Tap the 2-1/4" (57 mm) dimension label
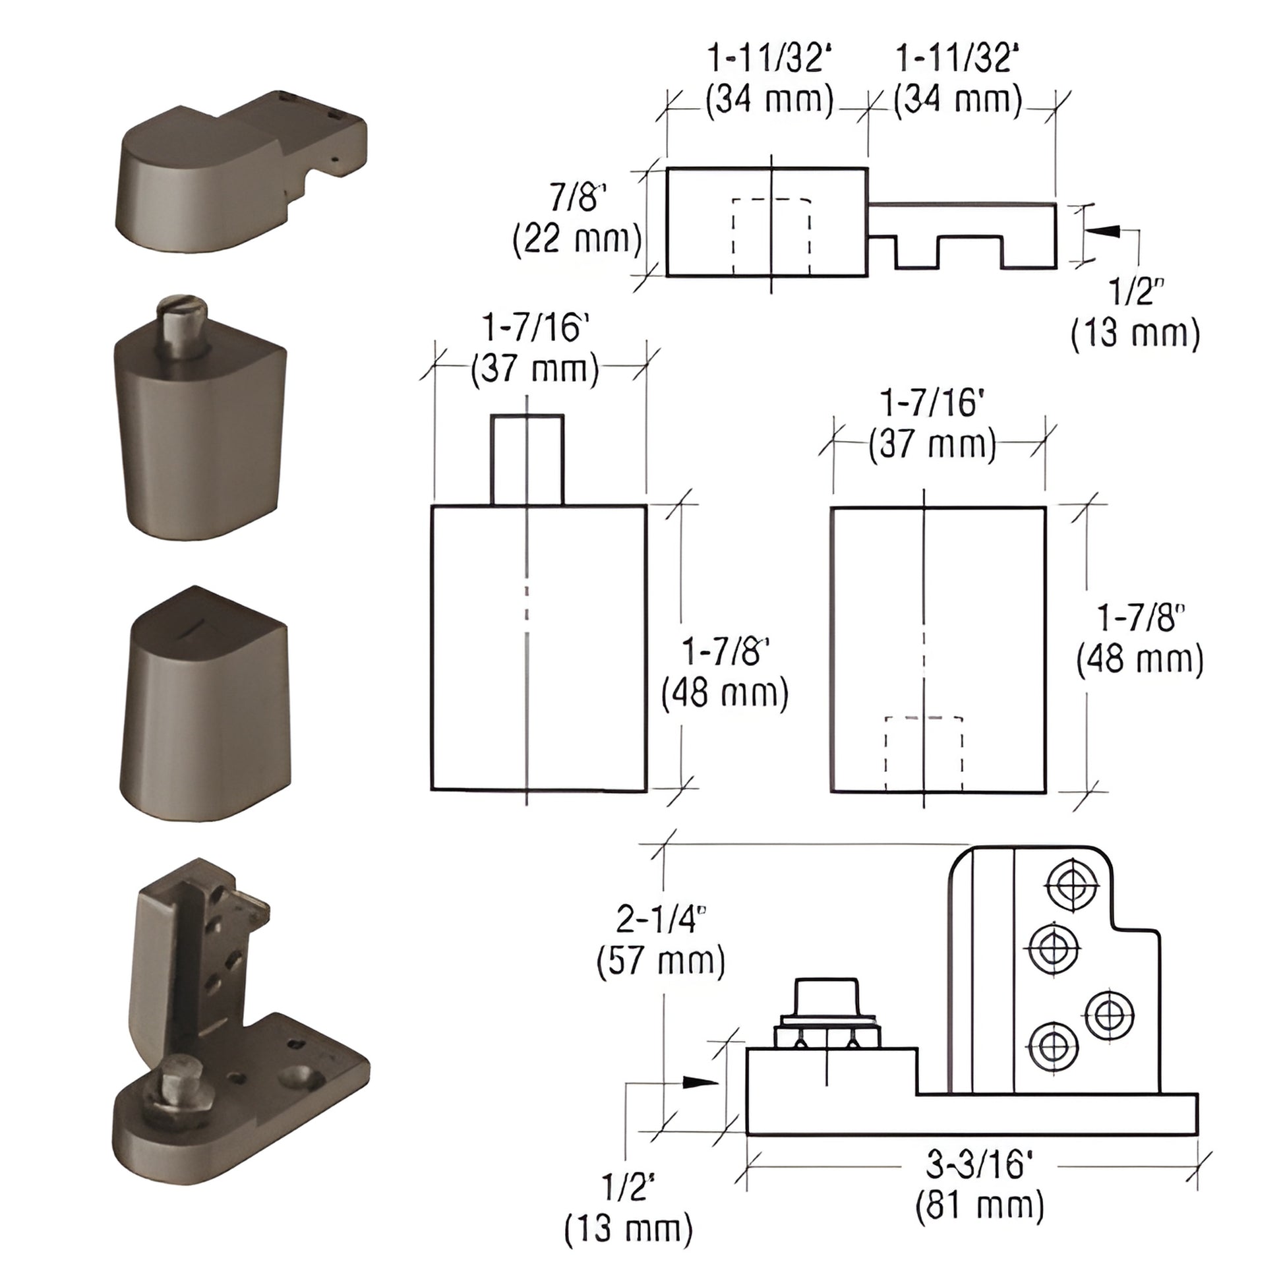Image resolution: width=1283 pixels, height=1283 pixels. pyautogui.click(x=660, y=940)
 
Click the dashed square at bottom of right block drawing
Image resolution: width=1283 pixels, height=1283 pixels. pyautogui.click(x=924, y=754)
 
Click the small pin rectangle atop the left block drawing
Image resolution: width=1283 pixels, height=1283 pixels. pyautogui.click(x=527, y=460)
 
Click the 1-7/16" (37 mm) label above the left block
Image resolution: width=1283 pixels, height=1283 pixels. pyautogui.click(x=535, y=348)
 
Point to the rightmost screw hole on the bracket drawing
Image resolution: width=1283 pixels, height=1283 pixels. pyautogui.click(x=1109, y=1015)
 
